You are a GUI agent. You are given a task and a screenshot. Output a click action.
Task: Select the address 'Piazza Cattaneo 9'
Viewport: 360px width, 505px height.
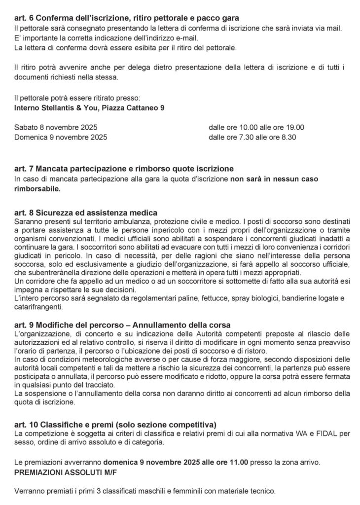tap(133, 106)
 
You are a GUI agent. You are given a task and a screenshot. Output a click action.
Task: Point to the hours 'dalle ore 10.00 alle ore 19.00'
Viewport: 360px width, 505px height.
tap(256, 127)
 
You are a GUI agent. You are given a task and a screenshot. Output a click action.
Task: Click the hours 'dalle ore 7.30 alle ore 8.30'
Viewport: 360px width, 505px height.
tap(252, 137)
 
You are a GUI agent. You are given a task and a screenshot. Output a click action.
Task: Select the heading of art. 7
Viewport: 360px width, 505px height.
tap(124, 169)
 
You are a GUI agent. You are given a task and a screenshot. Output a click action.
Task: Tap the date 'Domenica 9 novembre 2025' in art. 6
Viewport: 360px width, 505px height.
tap(61, 137)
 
